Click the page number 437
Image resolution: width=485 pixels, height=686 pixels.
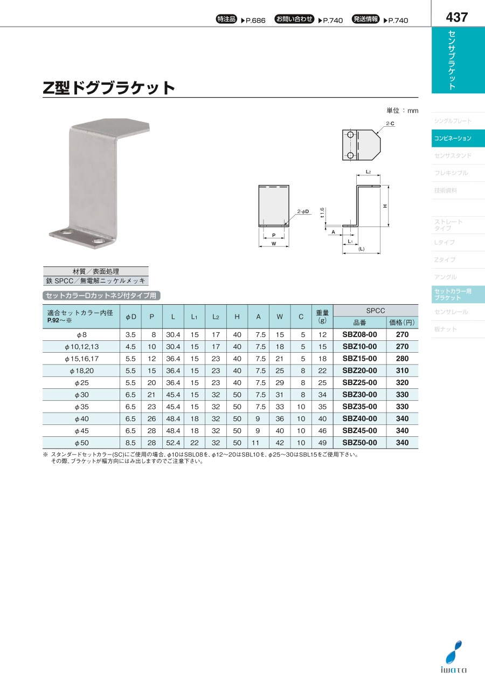(x=457, y=17)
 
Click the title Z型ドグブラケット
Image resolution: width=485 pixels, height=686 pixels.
(x=109, y=88)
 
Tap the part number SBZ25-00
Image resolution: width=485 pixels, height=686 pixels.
(x=359, y=382)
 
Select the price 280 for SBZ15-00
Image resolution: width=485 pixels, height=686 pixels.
(x=402, y=359)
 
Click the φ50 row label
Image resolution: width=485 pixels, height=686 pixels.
(x=81, y=443)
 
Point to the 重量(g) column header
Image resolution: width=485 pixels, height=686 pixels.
(x=322, y=317)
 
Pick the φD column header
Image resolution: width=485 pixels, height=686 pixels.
(x=130, y=317)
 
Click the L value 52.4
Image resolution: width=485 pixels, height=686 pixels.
(x=173, y=443)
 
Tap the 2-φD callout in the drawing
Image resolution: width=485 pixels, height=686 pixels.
(x=303, y=211)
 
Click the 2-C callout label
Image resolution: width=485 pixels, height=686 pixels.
(x=390, y=124)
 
